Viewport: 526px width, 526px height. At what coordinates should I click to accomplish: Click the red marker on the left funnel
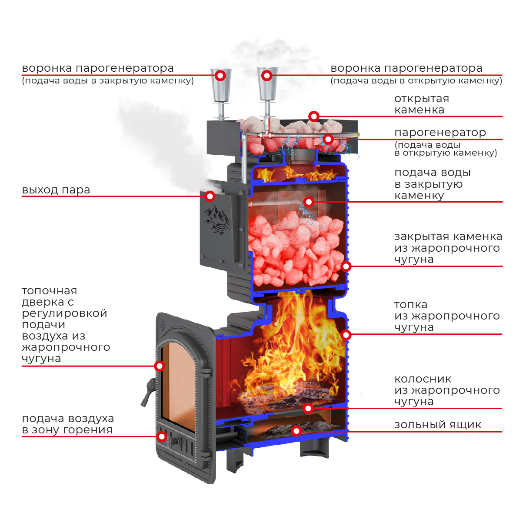pos(220,76)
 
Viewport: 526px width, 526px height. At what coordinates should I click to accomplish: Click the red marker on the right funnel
pos(267,76)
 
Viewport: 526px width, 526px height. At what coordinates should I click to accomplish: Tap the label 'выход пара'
pos(56,190)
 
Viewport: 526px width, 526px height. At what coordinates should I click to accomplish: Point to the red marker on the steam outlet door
pos(210,196)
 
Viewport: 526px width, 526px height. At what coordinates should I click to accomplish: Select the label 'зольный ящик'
pos(437,425)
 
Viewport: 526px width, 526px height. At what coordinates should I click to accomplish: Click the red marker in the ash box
pos(296,431)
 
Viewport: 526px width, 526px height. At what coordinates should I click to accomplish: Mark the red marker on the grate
pos(308,408)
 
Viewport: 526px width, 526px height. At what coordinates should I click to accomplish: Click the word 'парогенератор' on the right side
pos(440,132)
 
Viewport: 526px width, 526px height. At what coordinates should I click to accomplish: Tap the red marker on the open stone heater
pos(314,116)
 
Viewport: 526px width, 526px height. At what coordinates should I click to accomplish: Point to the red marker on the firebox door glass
pos(160,366)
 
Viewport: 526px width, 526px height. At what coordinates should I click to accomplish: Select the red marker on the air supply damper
pos(162,436)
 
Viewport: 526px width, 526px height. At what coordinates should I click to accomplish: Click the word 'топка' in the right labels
pos(411,305)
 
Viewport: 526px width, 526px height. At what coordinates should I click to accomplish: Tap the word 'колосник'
pos(423,379)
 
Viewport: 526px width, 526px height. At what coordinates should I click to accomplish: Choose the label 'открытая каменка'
pos(421,104)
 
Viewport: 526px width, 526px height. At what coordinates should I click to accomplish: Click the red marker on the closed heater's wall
pos(346,266)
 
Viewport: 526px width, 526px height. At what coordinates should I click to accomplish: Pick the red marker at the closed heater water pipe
pos(309,202)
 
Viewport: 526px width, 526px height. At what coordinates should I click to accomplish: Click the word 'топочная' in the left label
pos(49,291)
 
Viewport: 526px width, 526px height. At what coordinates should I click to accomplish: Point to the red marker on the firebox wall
pos(346,335)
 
